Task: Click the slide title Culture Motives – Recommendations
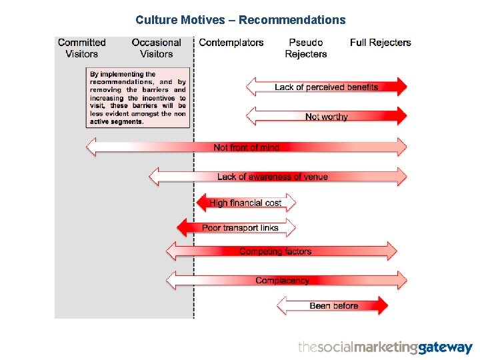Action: pyautogui.click(x=240, y=20)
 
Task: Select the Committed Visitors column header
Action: pyautogui.click(x=82, y=48)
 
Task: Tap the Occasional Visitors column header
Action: pyautogui.click(x=157, y=48)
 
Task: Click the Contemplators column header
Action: pyautogui.click(x=231, y=43)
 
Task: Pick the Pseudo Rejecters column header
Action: pyautogui.click(x=306, y=48)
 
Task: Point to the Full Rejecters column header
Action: pyautogui.click(x=381, y=43)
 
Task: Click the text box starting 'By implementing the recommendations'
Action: pyautogui.click(x=138, y=97)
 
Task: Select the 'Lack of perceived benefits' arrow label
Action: pyautogui.click(x=326, y=87)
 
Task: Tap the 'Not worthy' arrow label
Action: pyautogui.click(x=326, y=117)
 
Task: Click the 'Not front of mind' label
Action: pyautogui.click(x=246, y=147)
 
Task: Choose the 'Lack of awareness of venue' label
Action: pyautogui.click(x=272, y=177)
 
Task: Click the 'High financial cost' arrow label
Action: pyautogui.click(x=245, y=203)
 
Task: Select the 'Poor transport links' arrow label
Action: pyautogui.click(x=240, y=228)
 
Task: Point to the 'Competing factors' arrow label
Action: pyautogui.click(x=275, y=251)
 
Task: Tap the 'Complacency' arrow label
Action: pyautogui.click(x=282, y=281)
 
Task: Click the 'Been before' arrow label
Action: pyautogui.click(x=333, y=306)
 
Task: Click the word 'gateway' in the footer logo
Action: pyautogui.click(x=445, y=347)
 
